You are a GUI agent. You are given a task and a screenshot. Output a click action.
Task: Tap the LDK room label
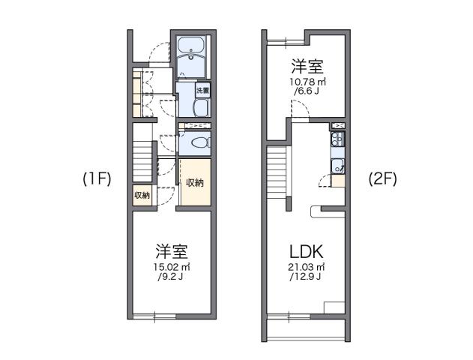pos(306,251)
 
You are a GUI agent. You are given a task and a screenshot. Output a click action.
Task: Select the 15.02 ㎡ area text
pos(172,268)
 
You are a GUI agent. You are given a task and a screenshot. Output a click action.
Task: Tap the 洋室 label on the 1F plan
pos(172,250)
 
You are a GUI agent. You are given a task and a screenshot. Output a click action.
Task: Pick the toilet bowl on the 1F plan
pos(197,143)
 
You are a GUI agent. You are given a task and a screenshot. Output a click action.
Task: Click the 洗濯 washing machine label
pos(202,91)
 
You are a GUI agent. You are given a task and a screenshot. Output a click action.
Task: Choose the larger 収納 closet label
pos(195,182)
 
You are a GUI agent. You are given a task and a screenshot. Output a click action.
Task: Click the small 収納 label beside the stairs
pos(142,196)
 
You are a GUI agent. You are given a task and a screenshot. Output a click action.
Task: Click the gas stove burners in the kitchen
pos(337,139)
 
